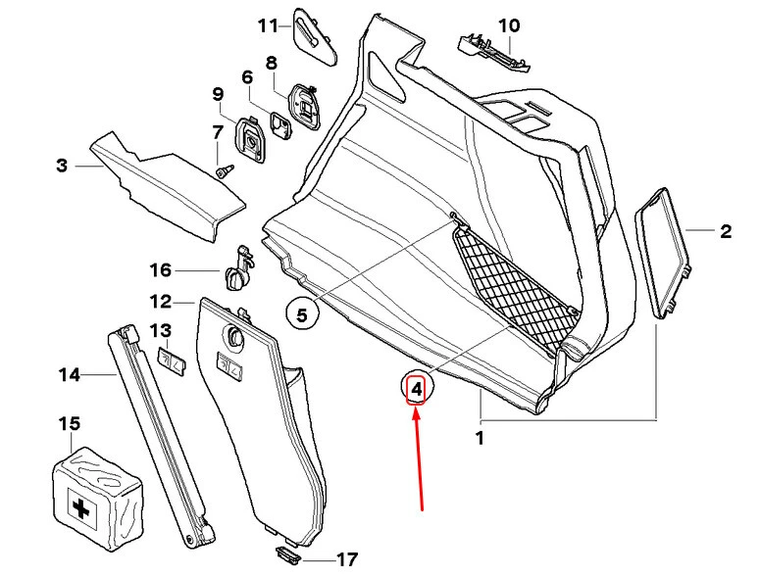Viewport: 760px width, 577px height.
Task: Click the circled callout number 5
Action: [x=302, y=314]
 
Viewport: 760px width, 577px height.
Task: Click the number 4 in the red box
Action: [x=417, y=390]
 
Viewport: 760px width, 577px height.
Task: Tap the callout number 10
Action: [x=510, y=24]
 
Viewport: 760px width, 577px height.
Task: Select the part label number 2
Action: [x=726, y=232]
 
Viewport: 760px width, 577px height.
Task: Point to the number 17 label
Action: [x=346, y=560]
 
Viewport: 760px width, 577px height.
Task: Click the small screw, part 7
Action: [x=224, y=169]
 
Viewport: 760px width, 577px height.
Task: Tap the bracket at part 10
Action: [x=491, y=49]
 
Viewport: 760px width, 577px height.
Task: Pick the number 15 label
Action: [x=69, y=423]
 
